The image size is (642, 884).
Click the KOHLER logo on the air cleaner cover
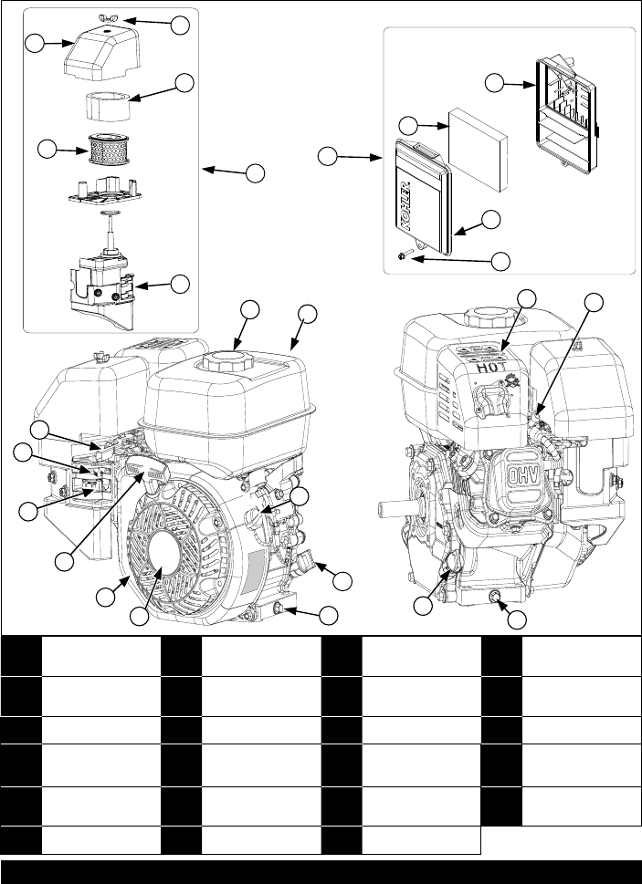405,207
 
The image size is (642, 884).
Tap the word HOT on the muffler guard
490,369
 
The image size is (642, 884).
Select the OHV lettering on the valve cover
519,476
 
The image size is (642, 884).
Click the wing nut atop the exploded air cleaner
104,19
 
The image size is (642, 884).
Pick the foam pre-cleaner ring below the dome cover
108,107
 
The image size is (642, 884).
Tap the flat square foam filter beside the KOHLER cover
479,150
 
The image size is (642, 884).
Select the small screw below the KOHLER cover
405,256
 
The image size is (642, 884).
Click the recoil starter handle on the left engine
147,470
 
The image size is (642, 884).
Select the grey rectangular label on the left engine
257,571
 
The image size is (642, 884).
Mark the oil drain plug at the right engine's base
496,598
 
